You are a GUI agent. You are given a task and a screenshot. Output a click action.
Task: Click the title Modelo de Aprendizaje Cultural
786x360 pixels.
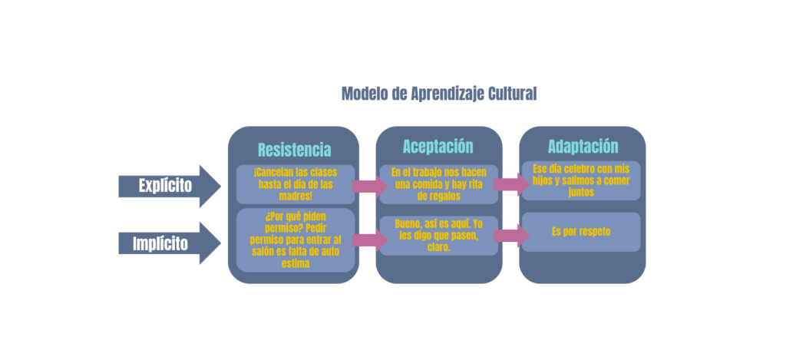coord(438,94)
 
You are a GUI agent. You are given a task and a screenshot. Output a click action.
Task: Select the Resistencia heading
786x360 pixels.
coord(294,150)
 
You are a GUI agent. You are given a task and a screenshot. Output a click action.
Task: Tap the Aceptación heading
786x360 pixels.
coord(438,147)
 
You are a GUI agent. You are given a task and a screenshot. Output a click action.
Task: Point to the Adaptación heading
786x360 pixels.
coord(583,147)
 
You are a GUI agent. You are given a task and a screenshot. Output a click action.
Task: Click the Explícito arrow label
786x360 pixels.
coord(165,186)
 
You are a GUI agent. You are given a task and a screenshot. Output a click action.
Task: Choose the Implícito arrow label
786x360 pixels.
coord(160,243)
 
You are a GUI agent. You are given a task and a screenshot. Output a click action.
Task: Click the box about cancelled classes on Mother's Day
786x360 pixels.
coord(296,184)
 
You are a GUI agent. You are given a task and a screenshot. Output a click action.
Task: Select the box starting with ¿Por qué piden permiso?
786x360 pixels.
coord(296,240)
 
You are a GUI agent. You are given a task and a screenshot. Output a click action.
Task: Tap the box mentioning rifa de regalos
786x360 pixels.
coord(438,184)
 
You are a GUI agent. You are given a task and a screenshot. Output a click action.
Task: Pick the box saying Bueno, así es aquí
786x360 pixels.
coord(438,236)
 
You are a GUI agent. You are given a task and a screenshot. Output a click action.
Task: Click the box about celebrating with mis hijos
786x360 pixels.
coord(581,180)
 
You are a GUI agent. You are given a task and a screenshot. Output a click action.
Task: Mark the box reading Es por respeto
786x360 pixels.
coord(581,232)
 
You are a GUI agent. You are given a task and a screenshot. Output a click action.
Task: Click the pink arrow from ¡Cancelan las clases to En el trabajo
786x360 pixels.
coord(370,187)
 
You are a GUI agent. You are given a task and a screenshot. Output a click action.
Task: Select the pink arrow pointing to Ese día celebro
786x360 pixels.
coord(511,184)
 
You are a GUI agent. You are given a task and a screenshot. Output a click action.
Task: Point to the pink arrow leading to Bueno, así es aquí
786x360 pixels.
coord(370,240)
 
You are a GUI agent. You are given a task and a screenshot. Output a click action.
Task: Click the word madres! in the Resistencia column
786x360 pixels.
coord(296,196)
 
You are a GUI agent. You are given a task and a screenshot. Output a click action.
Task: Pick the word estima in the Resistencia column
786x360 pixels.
coord(296,264)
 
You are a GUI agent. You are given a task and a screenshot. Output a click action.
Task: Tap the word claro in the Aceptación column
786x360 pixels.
coord(438,246)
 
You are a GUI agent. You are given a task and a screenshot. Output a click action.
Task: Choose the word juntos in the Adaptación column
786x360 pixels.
coord(582,192)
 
